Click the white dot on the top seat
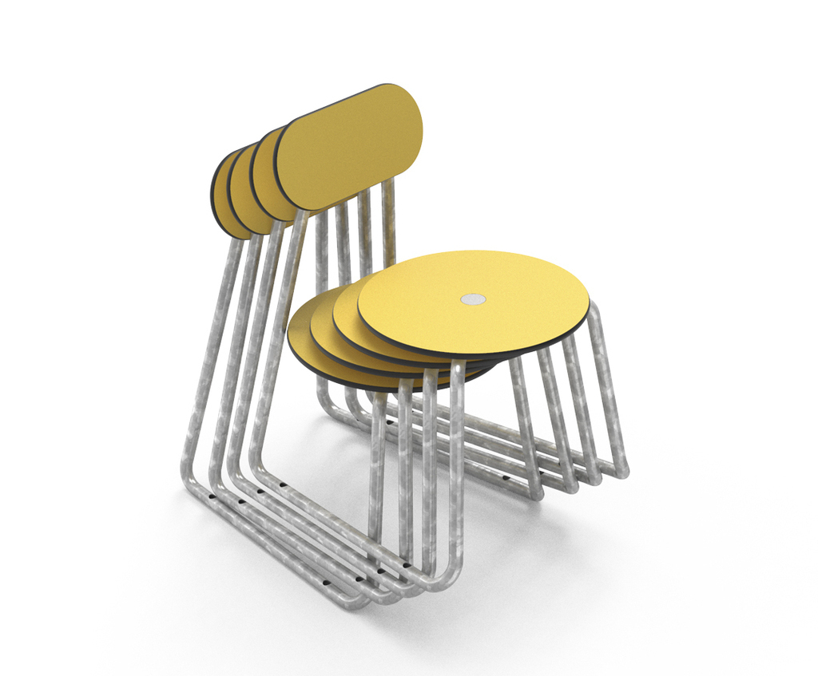click(x=473, y=299)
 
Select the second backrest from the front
click(x=263, y=172)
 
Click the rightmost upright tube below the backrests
click(x=389, y=223)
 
